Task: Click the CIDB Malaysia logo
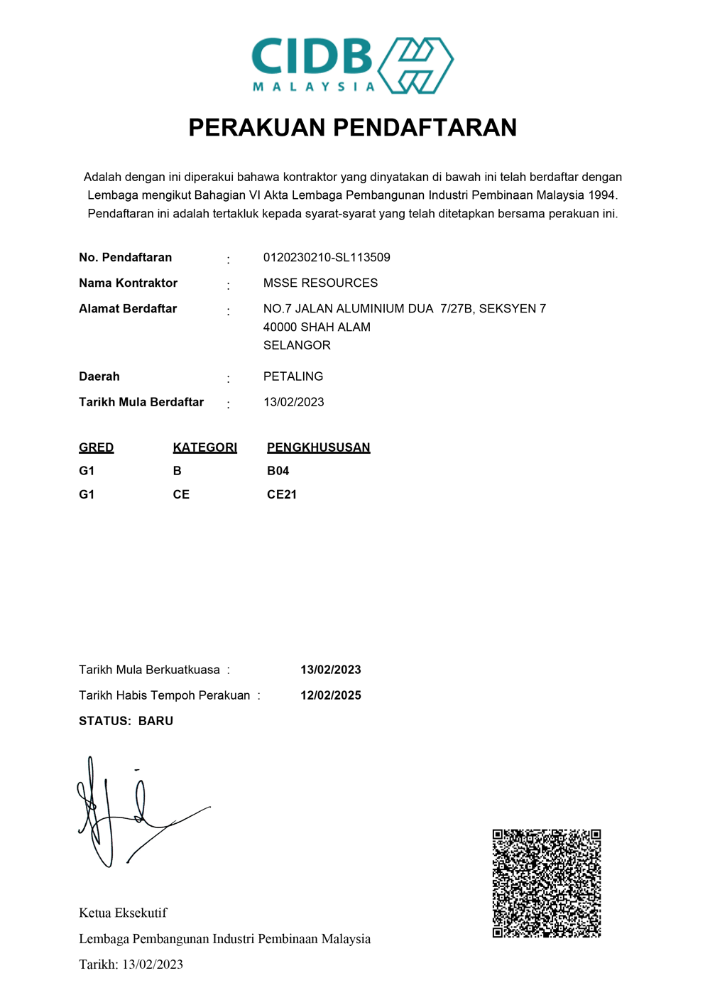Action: pos(352,65)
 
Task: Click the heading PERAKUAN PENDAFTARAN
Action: pos(352,128)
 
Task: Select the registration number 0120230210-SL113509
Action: pos(327,257)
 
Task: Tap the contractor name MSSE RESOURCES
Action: pos(320,283)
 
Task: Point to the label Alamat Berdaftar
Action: pos(128,308)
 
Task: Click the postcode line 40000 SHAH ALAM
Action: pos(317,327)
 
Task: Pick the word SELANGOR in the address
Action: pos(297,345)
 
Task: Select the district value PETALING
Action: pos(293,376)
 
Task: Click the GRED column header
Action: pos(97,447)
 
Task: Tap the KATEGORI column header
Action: pos(205,447)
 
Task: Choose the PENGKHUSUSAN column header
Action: pos(319,447)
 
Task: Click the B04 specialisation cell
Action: pos(278,471)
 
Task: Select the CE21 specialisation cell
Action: pos(282,494)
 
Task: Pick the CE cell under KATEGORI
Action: pos(181,494)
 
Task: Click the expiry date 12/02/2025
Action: pos(331,695)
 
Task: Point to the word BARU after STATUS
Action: pos(156,721)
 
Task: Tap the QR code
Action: pos(547,883)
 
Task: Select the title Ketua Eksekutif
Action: pos(123,913)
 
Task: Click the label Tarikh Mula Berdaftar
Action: pos(141,402)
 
